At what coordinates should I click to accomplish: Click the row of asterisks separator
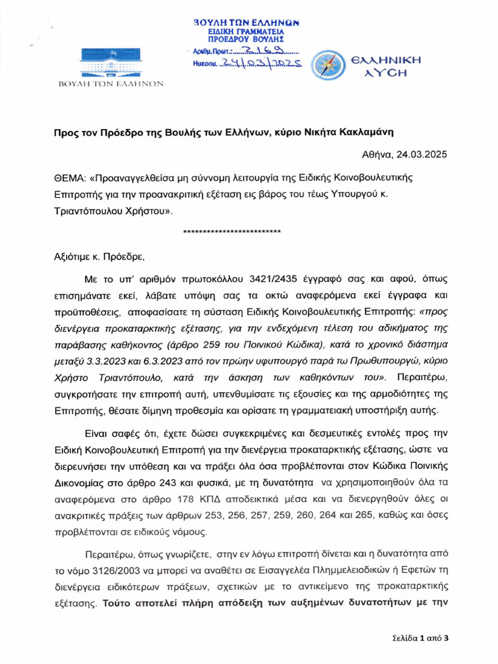pyautogui.click(x=232, y=231)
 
